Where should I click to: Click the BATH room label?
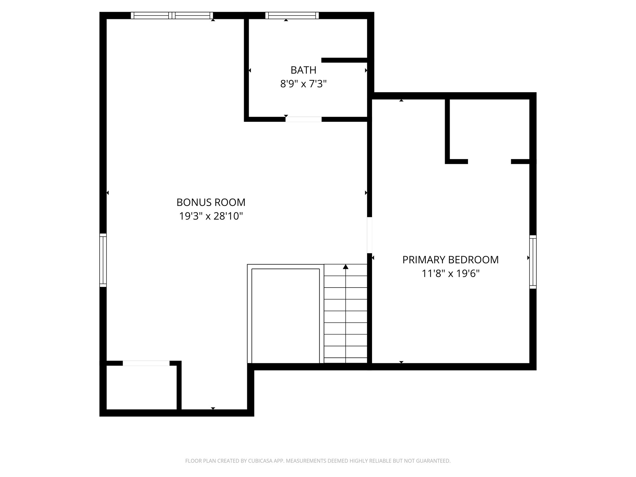pos(303,70)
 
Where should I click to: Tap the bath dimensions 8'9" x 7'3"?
pos(303,84)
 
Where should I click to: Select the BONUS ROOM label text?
pos(211,202)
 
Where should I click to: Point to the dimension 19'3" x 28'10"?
pos(211,216)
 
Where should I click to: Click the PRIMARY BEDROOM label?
pos(450,260)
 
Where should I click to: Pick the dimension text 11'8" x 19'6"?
pos(450,274)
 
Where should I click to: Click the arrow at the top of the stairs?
pos(346,267)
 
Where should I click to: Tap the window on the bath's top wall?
pos(292,15)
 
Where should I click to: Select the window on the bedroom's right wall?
pos(533,262)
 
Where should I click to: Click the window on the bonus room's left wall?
pos(103,260)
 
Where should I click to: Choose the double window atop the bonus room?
pos(172,15)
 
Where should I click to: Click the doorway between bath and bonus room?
pos(303,119)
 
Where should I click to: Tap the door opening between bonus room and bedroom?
pos(370,235)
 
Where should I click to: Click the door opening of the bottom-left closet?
pos(146,363)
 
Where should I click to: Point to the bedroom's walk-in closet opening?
pos(489,161)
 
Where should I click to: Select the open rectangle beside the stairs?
pos(285,315)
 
